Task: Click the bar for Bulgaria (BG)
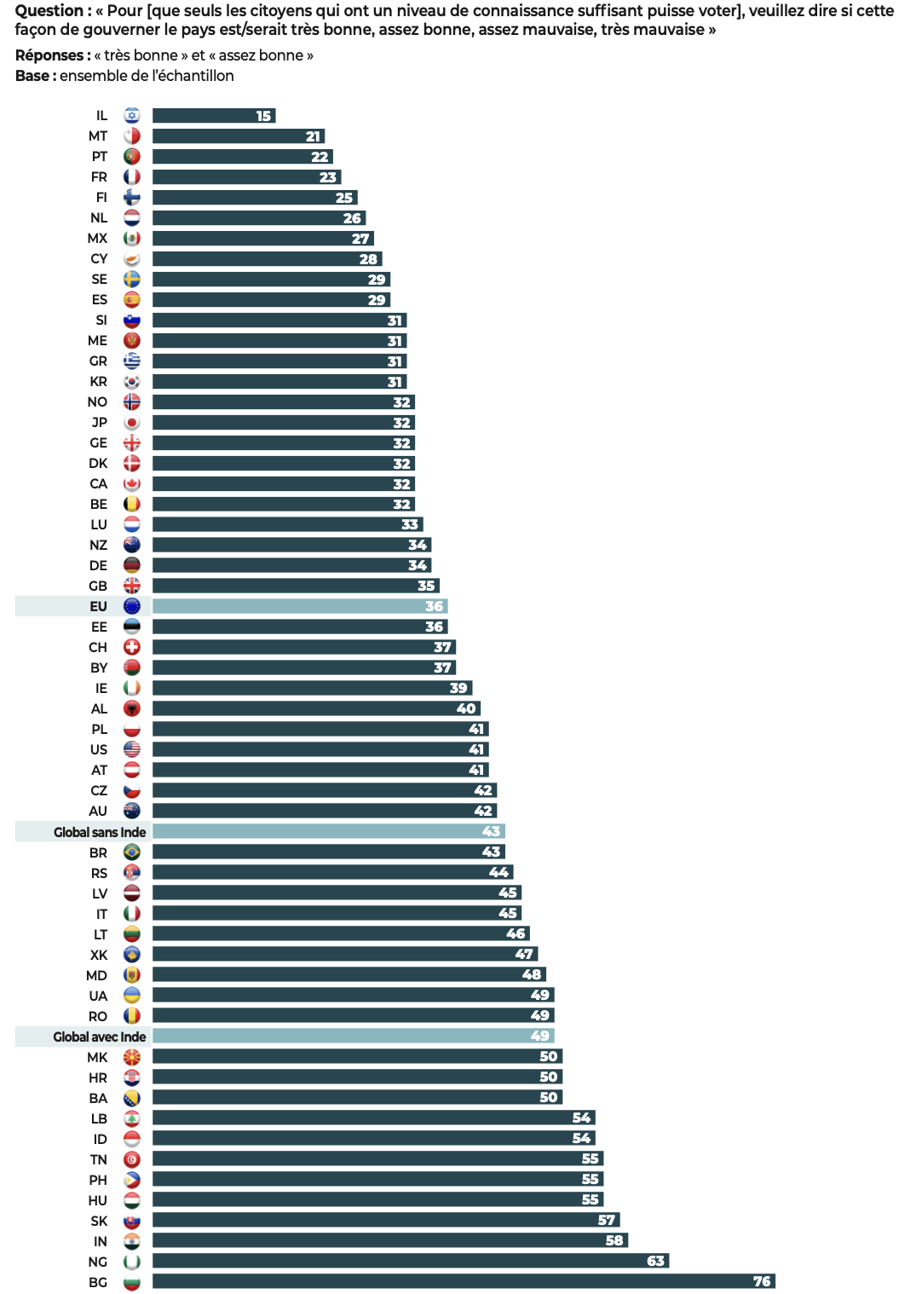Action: (460, 1281)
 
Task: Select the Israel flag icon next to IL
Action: (131, 115)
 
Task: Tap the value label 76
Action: (762, 1281)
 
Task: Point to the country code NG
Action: (98, 1262)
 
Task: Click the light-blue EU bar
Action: (298, 606)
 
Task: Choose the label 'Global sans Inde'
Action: (100, 832)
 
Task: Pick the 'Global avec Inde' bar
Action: (349, 1036)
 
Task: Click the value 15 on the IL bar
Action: (263, 116)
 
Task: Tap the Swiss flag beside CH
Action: (131, 647)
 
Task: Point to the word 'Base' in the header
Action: (32, 76)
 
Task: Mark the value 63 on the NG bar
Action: (655, 1261)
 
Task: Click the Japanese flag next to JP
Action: (131, 422)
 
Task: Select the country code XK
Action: (99, 955)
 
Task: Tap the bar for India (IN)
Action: (383, 1240)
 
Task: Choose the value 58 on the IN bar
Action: (614, 1240)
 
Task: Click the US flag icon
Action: (131, 749)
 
